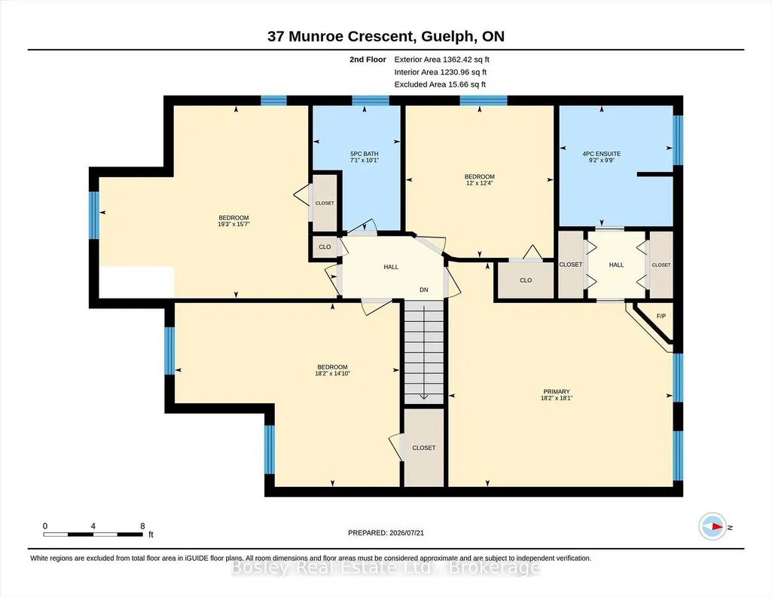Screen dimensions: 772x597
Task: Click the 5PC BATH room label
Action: coord(365,154)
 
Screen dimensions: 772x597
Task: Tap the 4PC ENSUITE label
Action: coord(602,154)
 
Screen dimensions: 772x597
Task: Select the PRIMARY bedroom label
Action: coord(557,392)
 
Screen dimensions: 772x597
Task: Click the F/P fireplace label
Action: coord(661,316)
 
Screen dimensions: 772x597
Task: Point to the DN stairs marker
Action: coord(424,289)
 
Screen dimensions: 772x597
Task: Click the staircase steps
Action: coord(424,352)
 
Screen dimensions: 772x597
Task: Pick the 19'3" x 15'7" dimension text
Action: coord(234,224)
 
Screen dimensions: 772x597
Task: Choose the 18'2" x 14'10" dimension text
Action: coord(332,373)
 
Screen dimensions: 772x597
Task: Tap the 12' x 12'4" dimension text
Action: coord(480,182)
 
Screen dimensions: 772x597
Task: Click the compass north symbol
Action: coord(712,527)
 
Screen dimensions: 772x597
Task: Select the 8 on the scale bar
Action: coord(143,525)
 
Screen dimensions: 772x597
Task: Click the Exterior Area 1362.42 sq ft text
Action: coord(441,60)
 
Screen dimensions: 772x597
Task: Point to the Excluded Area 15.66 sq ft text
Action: coord(440,84)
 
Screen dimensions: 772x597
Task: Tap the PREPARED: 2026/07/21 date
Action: coord(386,532)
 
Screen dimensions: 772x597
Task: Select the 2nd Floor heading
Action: coord(368,60)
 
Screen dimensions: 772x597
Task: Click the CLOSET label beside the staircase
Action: coord(424,448)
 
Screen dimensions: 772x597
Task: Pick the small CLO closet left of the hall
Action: coord(325,246)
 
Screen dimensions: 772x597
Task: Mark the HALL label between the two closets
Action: coord(616,265)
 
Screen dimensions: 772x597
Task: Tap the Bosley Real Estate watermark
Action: coord(386,568)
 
